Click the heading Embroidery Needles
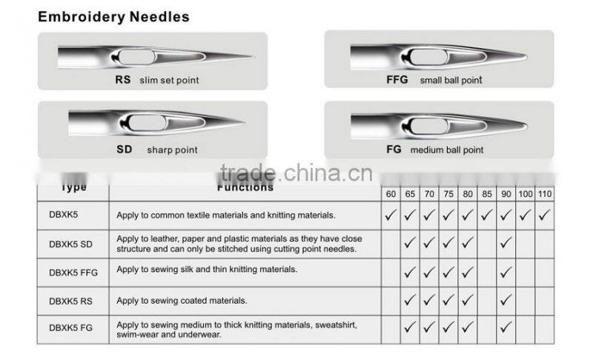tap(113, 16)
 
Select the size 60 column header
tap(390, 194)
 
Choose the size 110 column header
tap(544, 194)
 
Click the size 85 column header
tap(486, 194)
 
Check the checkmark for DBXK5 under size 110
tap(544, 216)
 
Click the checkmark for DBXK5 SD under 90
tap(506, 244)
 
